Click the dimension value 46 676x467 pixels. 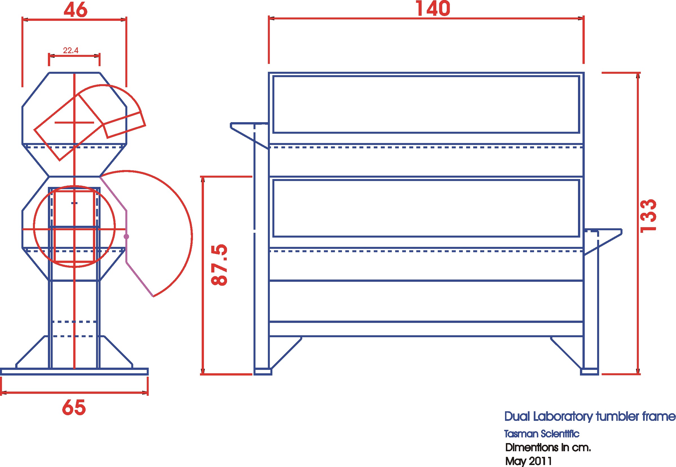[75, 10]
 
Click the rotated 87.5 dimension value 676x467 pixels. [219, 265]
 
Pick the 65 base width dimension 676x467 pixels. [74, 407]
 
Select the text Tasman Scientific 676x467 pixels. [541, 434]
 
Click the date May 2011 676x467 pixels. [528, 461]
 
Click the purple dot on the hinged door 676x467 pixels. [126, 236]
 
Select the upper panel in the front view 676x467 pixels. [426, 104]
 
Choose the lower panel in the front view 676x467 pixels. [426, 208]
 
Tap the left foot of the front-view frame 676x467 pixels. [263, 372]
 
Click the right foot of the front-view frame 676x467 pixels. [589, 372]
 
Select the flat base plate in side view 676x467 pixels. [74, 372]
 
